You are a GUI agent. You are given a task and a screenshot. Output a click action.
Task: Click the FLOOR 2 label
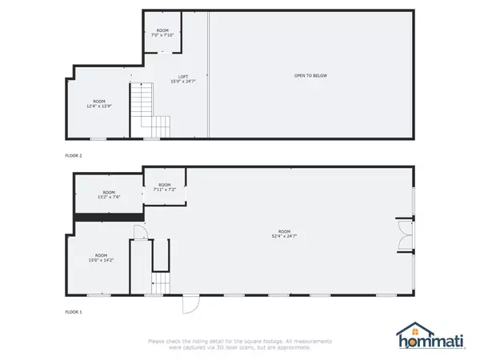pyautogui.click(x=74, y=154)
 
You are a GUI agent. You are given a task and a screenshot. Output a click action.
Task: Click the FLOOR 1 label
pyautogui.click(x=74, y=311)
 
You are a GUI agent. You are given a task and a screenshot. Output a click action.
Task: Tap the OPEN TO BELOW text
pyautogui.click(x=310, y=76)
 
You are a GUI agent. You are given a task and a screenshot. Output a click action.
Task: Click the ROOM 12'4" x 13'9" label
pyautogui.click(x=99, y=104)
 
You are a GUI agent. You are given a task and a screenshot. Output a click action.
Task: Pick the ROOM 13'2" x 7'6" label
pyautogui.click(x=109, y=194)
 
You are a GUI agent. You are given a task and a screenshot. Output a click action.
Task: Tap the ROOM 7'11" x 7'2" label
pyautogui.click(x=164, y=189)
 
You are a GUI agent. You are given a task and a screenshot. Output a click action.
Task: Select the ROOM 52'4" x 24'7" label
pyautogui.click(x=285, y=234)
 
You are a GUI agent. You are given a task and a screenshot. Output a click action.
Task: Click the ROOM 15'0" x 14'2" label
pyautogui.click(x=101, y=259)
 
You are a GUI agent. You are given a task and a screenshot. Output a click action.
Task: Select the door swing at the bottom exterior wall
pyautogui.click(x=191, y=305)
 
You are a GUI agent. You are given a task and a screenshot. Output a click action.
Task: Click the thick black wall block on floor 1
pyautogui.click(x=108, y=216)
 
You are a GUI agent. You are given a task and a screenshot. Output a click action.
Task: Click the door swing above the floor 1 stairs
pyautogui.click(x=138, y=233)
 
